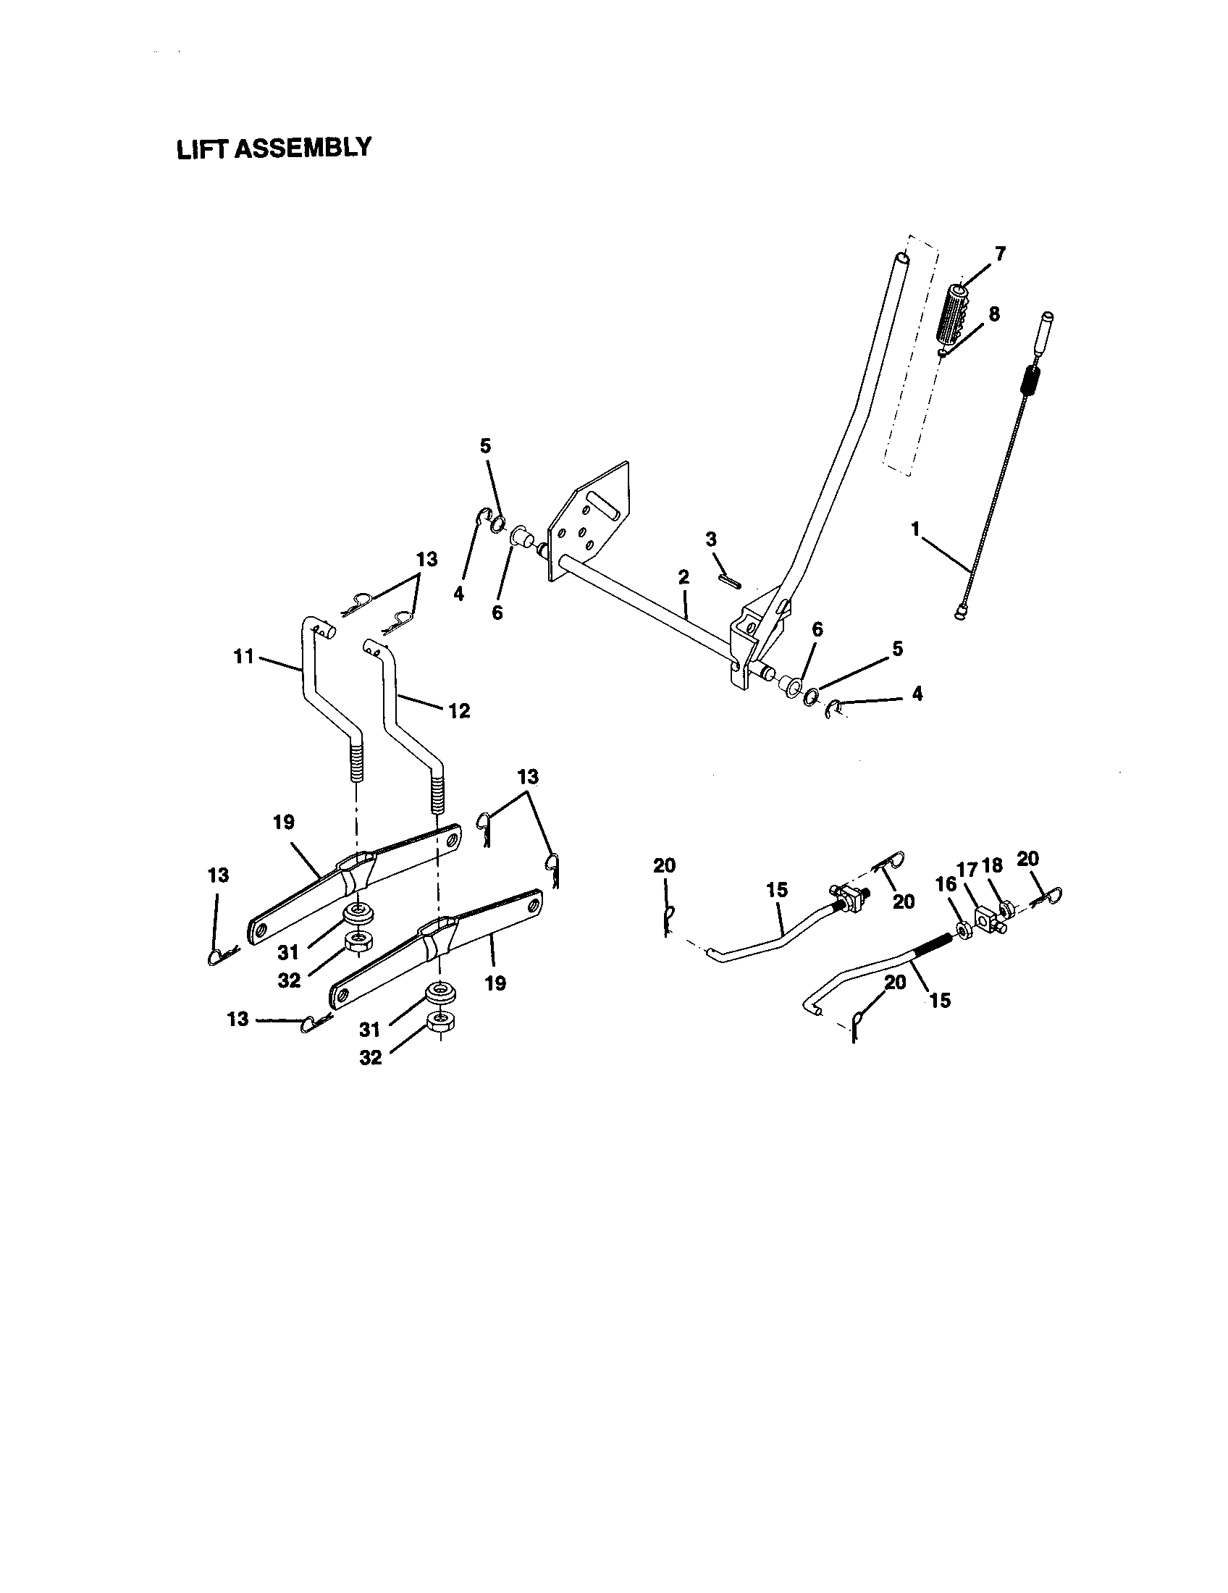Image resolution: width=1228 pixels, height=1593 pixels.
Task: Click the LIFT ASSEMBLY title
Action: coord(274,148)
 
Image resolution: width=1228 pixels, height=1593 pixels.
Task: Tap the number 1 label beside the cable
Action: coord(915,529)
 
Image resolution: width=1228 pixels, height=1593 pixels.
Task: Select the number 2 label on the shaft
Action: coord(684,577)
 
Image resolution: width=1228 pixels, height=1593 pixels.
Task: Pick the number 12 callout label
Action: coord(458,710)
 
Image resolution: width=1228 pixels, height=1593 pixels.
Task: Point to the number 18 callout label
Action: coord(992,865)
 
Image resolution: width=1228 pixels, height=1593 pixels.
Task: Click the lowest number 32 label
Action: coord(371,1058)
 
